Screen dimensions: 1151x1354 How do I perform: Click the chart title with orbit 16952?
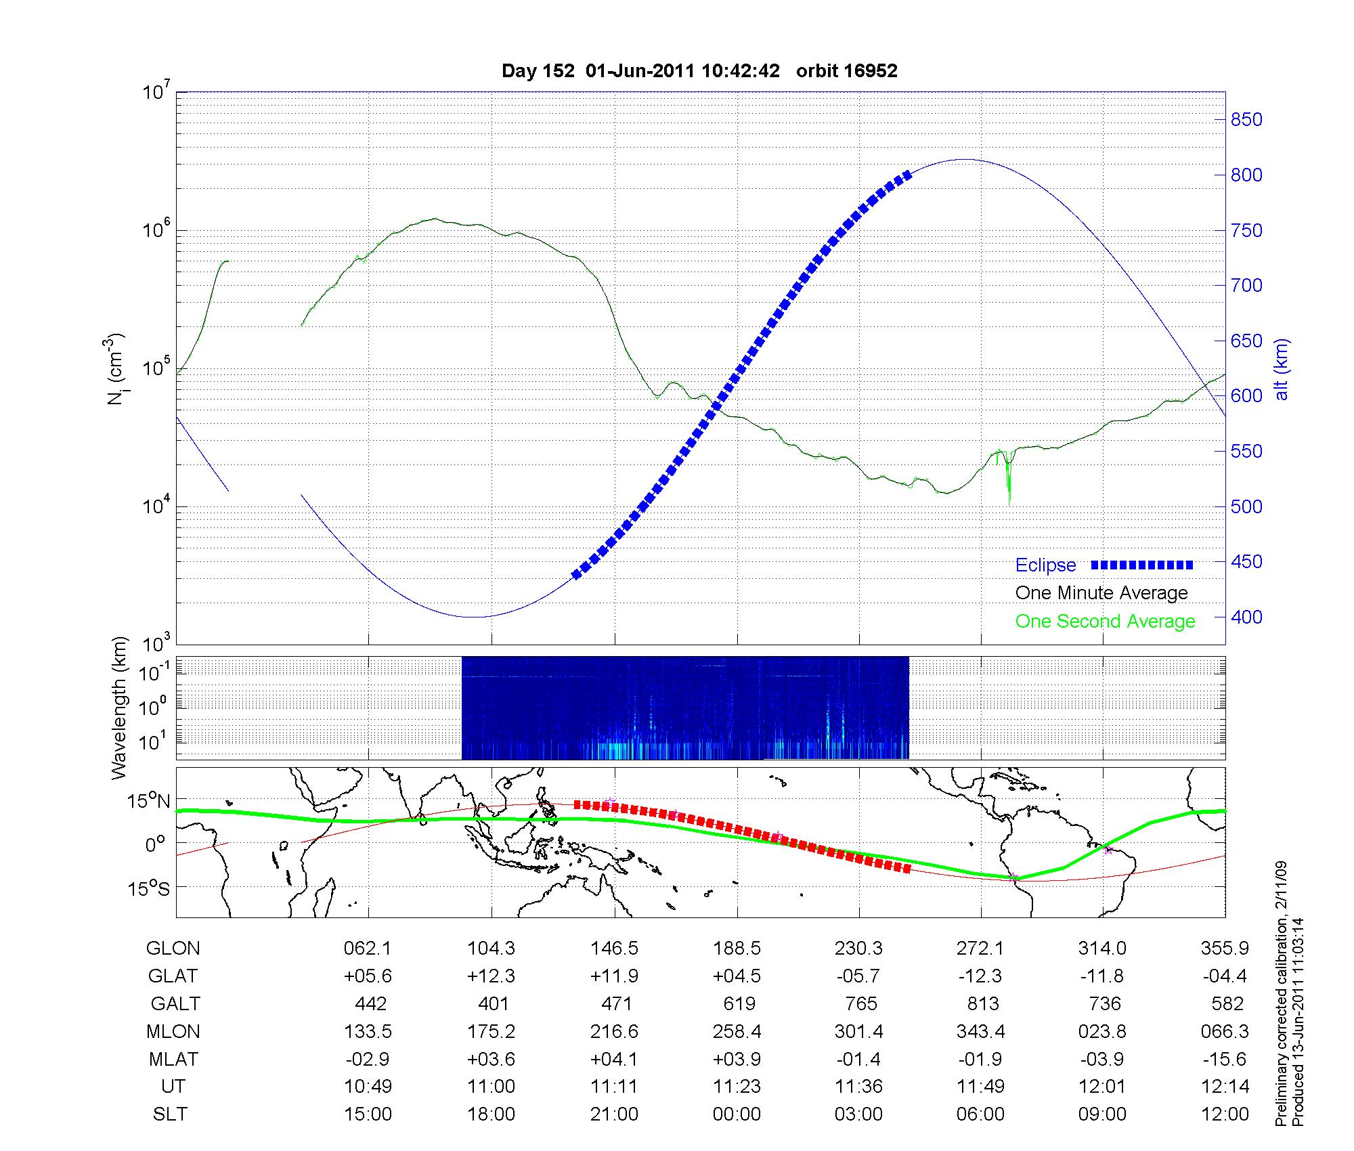tap(699, 71)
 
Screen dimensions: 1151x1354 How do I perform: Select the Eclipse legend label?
tap(1045, 565)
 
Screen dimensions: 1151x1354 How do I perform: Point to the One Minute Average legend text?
tap(1101, 593)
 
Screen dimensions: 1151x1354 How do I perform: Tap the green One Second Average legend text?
tap(1105, 622)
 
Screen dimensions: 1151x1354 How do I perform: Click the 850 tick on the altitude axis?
tap(1246, 120)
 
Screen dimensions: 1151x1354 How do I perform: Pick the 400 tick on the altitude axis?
tap(1246, 617)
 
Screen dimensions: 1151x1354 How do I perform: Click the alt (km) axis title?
tap(1282, 369)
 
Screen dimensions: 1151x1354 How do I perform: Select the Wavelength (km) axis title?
tap(120, 708)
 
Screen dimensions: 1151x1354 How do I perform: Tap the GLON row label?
tap(173, 949)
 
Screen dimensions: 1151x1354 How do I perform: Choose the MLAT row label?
tap(173, 1059)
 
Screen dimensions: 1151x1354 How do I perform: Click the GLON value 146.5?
tap(614, 949)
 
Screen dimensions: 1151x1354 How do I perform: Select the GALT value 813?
tap(982, 1003)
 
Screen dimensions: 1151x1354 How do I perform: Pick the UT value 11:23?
tap(737, 1087)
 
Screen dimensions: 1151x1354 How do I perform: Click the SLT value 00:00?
tap(737, 1114)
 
